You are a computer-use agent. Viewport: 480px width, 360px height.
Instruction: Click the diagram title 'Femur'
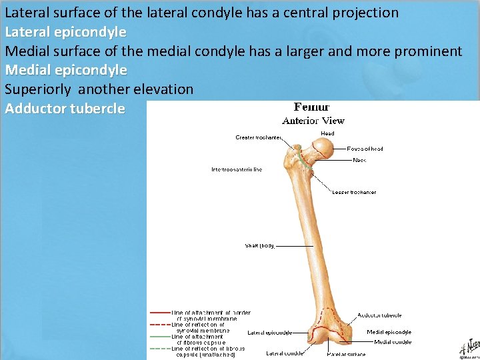[312, 107]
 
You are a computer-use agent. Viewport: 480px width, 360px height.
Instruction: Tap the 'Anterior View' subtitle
[313, 121]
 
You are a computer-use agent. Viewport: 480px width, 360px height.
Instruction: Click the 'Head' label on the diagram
[327, 133]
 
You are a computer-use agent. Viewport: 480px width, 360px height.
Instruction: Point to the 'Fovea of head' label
[365, 149]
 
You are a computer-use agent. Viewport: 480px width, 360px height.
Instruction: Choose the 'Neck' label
[359, 160]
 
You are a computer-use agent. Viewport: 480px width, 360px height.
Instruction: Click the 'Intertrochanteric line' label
[237, 169]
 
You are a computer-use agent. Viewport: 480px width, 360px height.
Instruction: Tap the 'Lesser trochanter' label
[354, 192]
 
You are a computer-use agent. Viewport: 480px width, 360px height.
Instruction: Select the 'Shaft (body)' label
[260, 245]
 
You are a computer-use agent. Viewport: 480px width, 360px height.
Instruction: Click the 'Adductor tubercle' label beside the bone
[379, 315]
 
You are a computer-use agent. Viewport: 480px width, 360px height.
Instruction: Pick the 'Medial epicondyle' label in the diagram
[389, 331]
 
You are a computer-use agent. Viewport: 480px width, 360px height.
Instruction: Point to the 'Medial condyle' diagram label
[393, 342]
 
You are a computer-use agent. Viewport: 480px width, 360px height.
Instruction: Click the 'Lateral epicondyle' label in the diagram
[269, 331]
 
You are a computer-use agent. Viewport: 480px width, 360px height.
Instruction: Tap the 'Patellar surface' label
[345, 354]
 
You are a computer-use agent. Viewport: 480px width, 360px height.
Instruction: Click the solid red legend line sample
[159, 312]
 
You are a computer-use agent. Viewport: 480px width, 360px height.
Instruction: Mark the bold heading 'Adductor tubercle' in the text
[65, 108]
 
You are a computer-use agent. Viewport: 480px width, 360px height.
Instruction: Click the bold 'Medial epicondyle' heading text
[65, 69]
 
